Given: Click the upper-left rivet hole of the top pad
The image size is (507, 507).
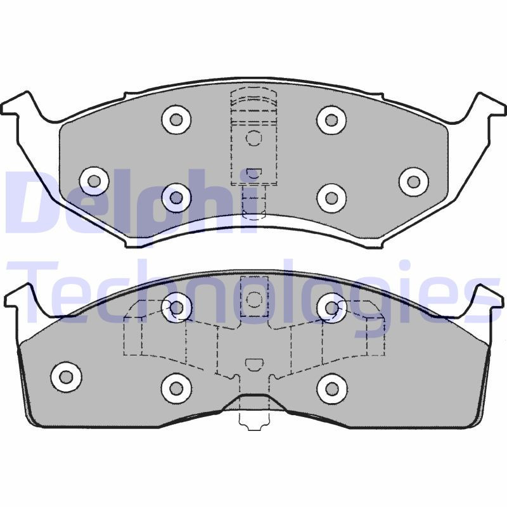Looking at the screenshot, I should point(176,119).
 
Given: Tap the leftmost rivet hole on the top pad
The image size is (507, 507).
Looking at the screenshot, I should point(94,181).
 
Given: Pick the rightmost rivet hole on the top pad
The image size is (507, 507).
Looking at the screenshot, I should point(413,181).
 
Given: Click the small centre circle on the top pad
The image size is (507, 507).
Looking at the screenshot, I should point(253,138).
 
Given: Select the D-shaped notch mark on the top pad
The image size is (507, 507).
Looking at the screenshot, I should point(253,172).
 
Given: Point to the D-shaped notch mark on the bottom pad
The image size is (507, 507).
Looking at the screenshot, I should point(253,364).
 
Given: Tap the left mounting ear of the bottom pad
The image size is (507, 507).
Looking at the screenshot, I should point(19,298).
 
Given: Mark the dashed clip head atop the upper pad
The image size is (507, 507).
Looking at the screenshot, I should point(253,101).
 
